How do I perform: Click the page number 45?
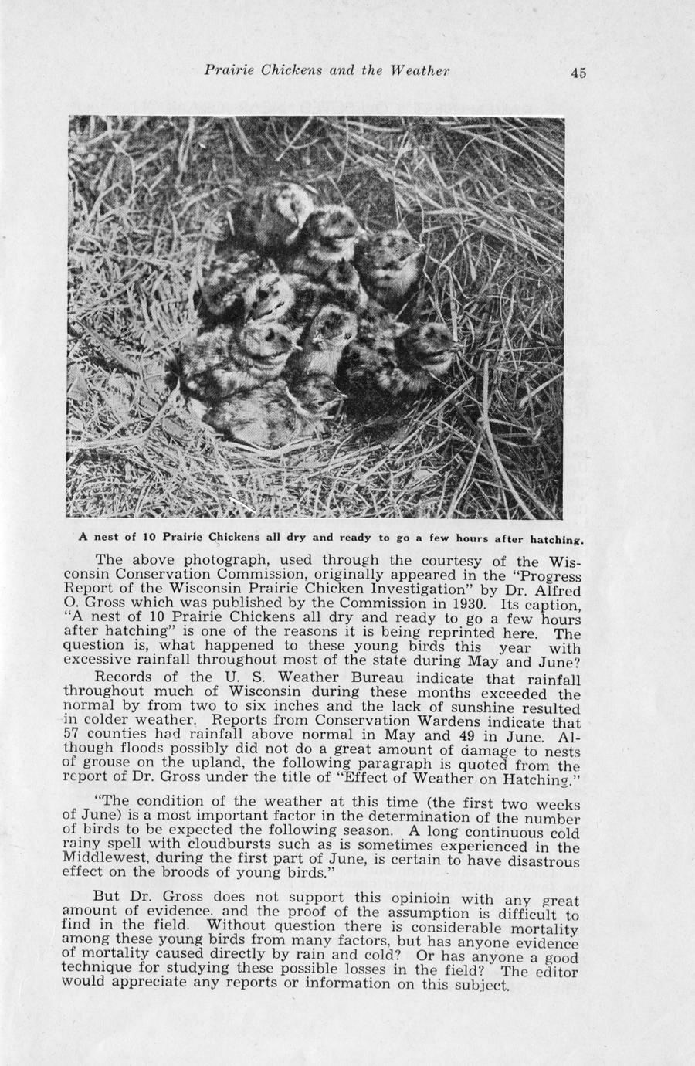click(578, 73)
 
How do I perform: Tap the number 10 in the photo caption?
click(144, 537)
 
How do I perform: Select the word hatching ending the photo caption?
click(555, 538)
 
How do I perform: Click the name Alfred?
click(557, 590)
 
